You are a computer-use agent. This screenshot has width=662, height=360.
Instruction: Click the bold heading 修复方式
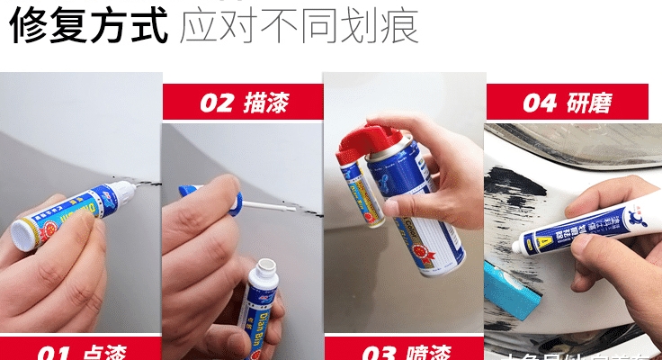coord(88,27)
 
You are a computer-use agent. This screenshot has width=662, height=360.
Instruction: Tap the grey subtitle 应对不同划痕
coord(299,27)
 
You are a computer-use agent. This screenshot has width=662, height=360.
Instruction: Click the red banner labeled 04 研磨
coord(567,102)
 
